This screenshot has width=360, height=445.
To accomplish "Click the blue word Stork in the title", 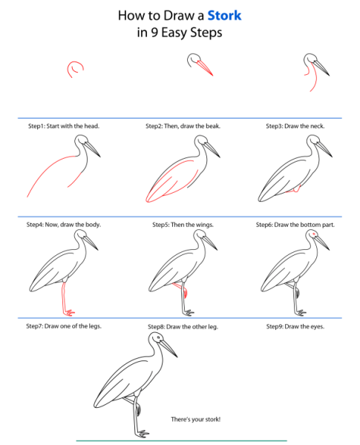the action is pyautogui.click(x=224, y=16).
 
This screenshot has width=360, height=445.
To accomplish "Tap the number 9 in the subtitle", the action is pyautogui.click(x=154, y=33).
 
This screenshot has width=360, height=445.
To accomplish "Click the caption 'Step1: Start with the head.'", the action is pyautogui.click(x=64, y=126).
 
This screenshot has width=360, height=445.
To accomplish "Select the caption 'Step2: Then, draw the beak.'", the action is pyautogui.click(x=183, y=126).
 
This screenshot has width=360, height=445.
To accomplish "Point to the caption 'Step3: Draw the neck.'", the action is pyautogui.click(x=295, y=126).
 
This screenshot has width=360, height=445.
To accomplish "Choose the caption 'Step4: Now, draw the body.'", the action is pyautogui.click(x=64, y=225).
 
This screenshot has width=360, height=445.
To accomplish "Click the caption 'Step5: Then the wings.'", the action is pyautogui.click(x=183, y=225).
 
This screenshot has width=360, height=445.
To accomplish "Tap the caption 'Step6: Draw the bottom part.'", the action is pyautogui.click(x=295, y=225).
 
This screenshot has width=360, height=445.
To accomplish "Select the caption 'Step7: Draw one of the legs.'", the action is pyautogui.click(x=64, y=326).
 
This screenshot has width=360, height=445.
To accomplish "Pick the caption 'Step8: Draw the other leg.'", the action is pyautogui.click(x=183, y=326).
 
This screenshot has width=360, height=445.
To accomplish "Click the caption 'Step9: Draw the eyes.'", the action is pyautogui.click(x=295, y=326).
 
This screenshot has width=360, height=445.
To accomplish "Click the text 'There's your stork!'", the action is pyautogui.click(x=195, y=419).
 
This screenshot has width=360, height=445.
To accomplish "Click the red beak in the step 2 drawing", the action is pyautogui.click(x=205, y=68).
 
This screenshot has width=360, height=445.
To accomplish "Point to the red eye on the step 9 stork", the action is pyautogui.click(x=314, y=234).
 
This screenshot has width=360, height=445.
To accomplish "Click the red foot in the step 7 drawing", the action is pyautogui.click(x=69, y=313).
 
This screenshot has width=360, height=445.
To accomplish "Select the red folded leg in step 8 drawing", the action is pyautogui.click(x=180, y=289).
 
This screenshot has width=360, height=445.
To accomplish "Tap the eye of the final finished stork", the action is pyautogui.click(x=159, y=337).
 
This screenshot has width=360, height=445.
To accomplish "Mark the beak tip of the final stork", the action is pyautogui.click(x=177, y=357).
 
